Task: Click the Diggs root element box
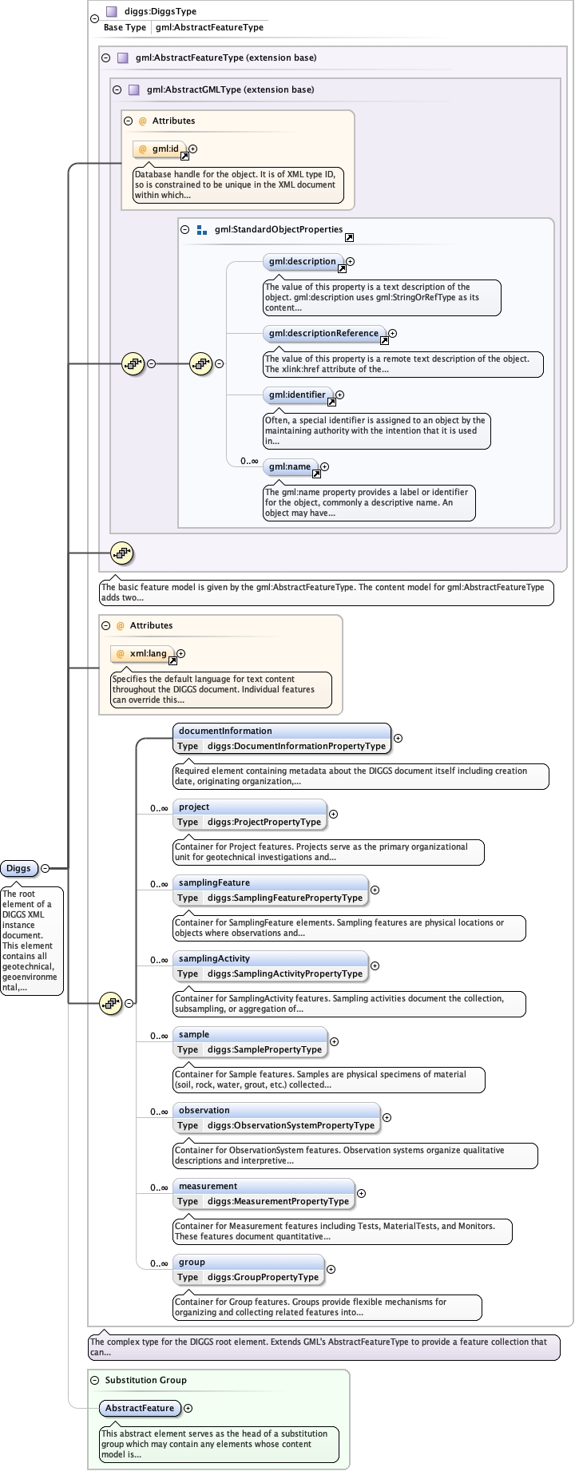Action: pyautogui.click(x=19, y=868)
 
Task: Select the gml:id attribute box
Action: pyautogui.click(x=161, y=149)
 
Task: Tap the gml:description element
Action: pyautogui.click(x=303, y=261)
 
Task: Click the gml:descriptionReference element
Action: pyautogui.click(x=323, y=333)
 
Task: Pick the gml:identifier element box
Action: pyautogui.click(x=297, y=395)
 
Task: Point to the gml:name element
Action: pyautogui.click(x=290, y=466)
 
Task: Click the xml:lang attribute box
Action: pyautogui.click(x=143, y=653)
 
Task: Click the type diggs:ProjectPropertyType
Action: pyautogui.click(x=264, y=822)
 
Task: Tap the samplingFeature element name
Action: pyautogui.click(x=214, y=882)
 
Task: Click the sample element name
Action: pyautogui.click(x=194, y=1034)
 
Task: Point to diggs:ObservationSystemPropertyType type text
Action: pyautogui.click(x=291, y=1125)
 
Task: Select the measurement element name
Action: pyautogui.click(x=208, y=1186)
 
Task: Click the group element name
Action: pyautogui.click(x=192, y=1262)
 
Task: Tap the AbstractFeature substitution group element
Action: pyautogui.click(x=140, y=1408)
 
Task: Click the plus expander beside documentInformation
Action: pyautogui.click(x=398, y=739)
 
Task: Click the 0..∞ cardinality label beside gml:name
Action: pyautogui.click(x=249, y=461)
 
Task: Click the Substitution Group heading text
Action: pyautogui.click(x=145, y=1380)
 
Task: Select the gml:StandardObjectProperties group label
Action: pyautogui.click(x=278, y=229)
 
